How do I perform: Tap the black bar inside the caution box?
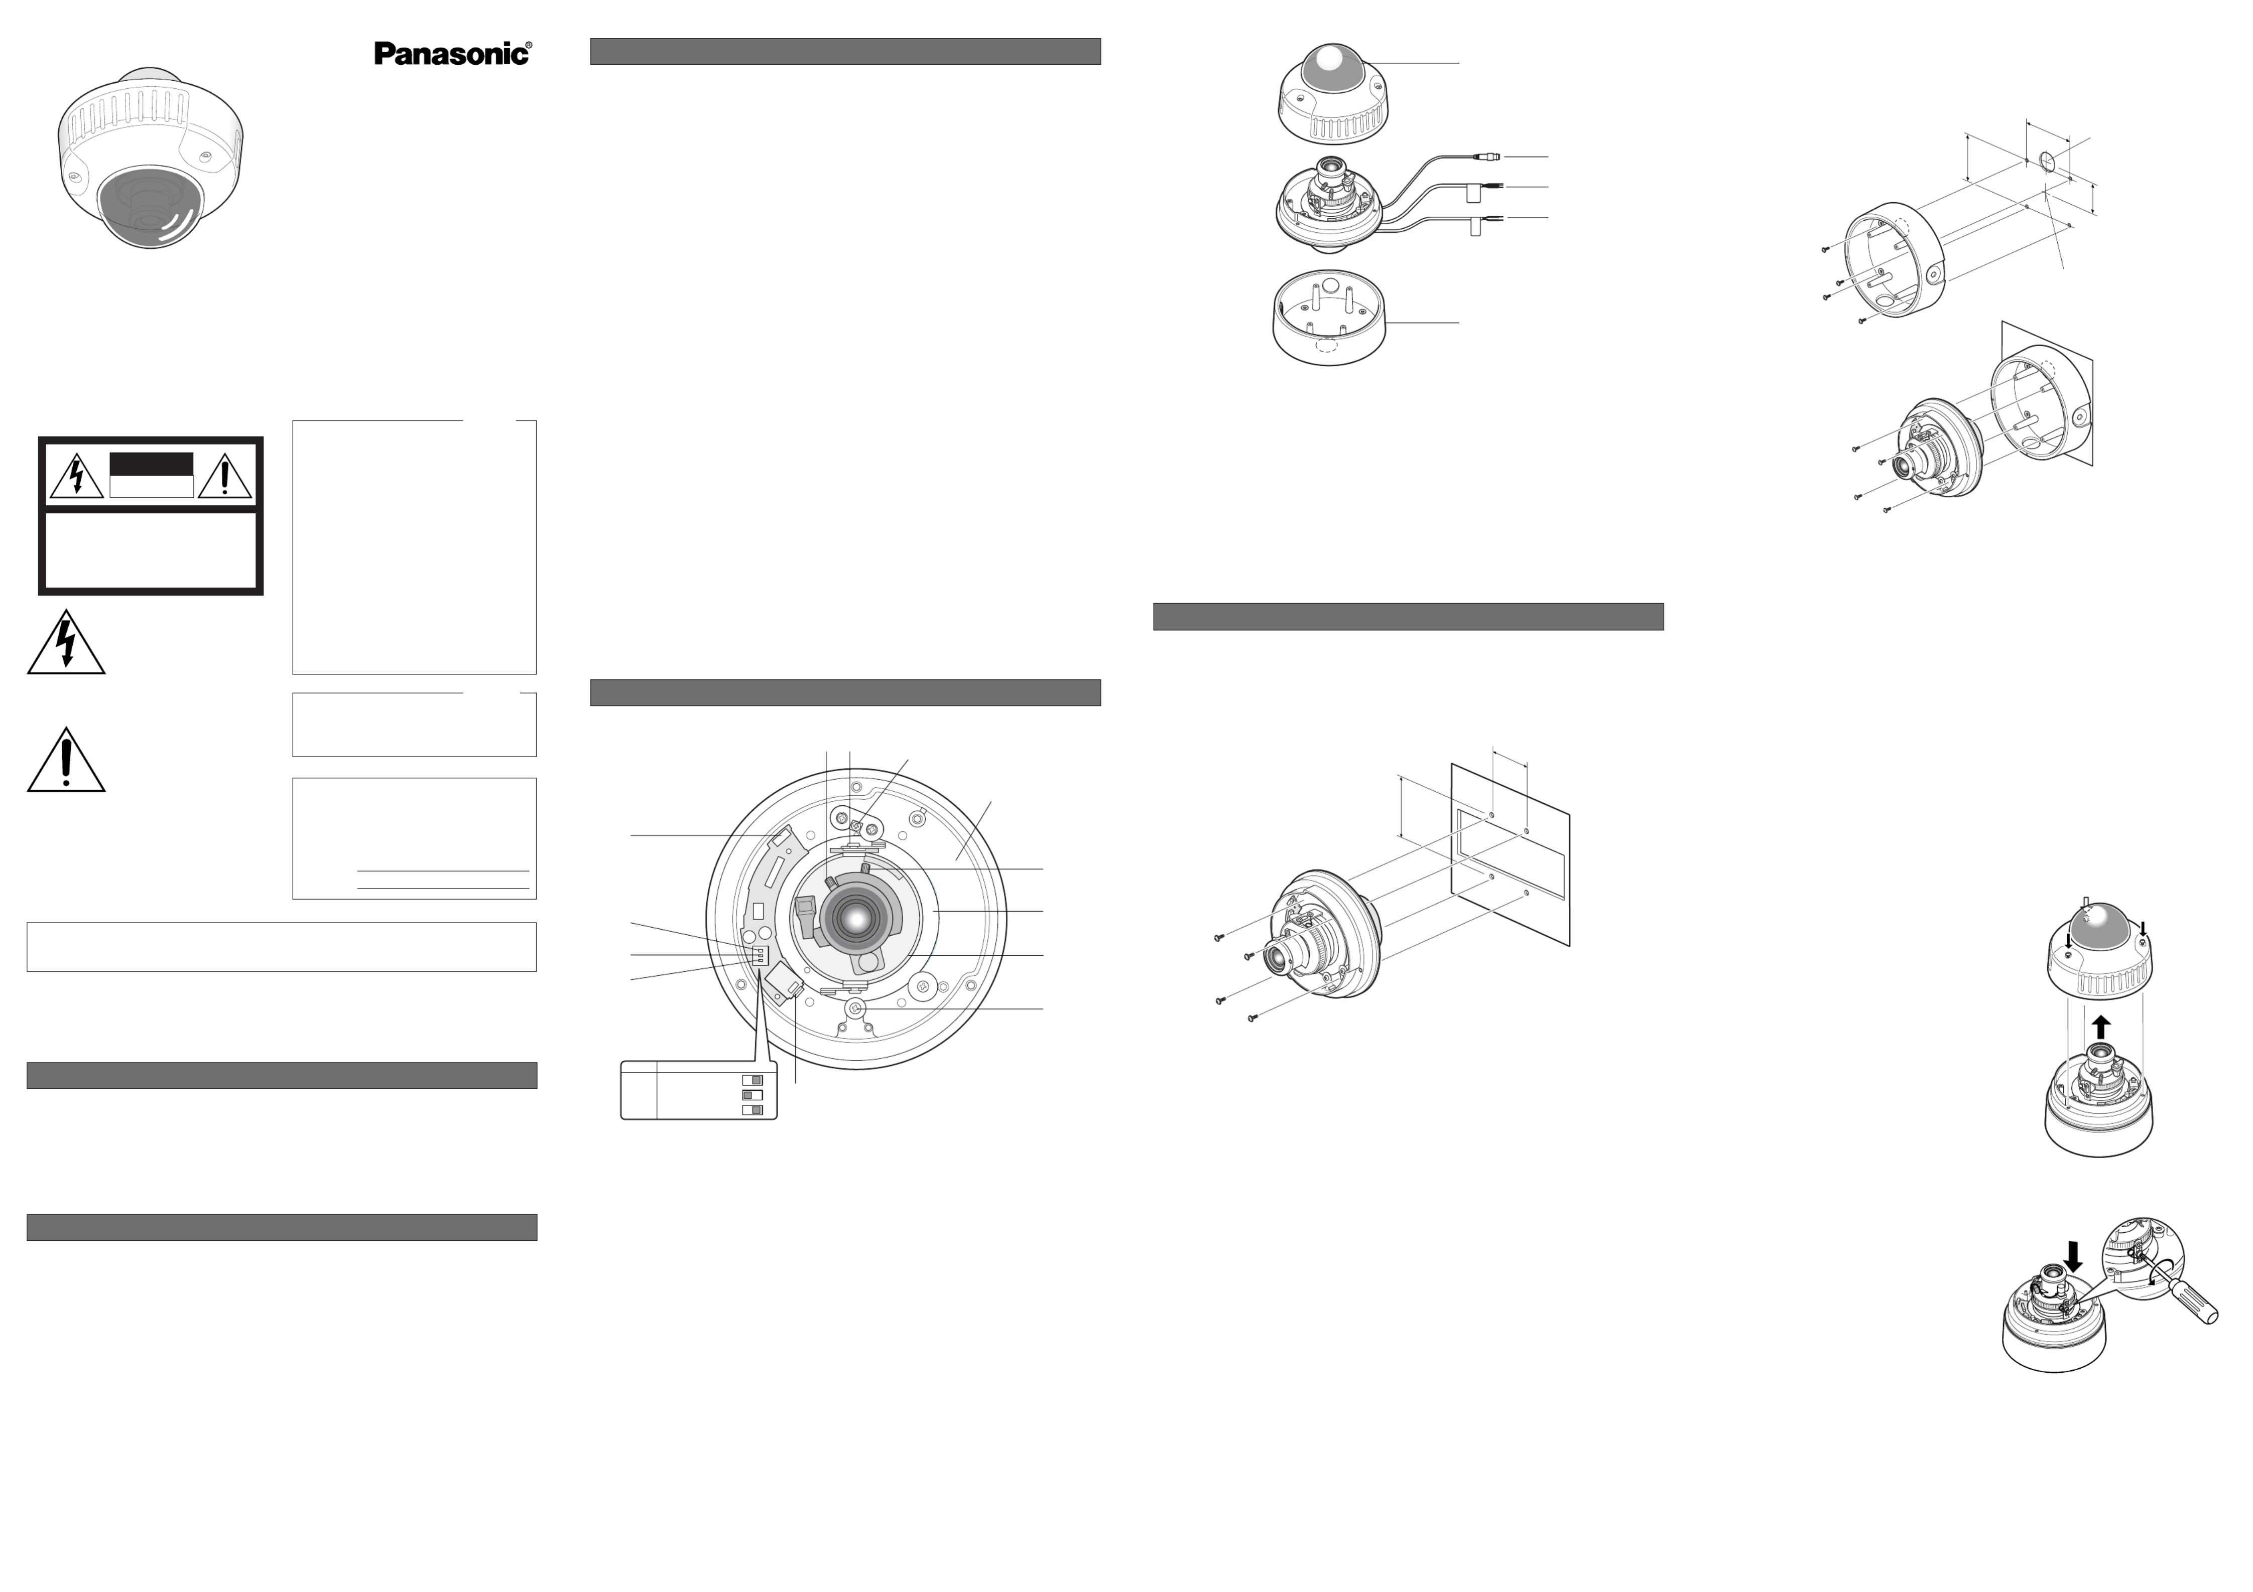coord(151,464)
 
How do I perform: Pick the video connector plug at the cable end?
coord(1484,156)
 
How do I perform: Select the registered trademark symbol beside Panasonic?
coord(530,45)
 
